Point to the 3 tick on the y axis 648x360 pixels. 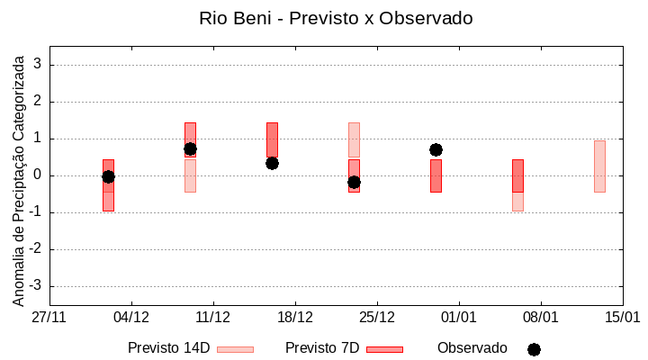(38, 65)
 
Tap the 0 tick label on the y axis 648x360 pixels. (38, 175)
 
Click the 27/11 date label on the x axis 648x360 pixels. (49, 318)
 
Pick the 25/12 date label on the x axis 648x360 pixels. (376, 318)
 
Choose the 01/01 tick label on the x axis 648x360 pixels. (458, 318)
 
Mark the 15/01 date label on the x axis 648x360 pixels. (622, 318)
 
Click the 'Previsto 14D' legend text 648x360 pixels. (168, 348)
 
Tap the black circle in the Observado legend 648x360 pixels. (534, 349)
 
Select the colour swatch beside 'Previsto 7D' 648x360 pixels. (384, 349)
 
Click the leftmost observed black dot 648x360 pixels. (108, 176)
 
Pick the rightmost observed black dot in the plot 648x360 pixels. (436, 149)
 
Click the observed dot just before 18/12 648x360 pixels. (272, 163)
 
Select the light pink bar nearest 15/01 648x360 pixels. (599, 166)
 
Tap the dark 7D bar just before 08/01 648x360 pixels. (517, 175)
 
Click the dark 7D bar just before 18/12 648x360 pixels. (272, 140)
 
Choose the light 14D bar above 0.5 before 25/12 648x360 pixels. (354, 139)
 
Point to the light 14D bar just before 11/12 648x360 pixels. (190, 175)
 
